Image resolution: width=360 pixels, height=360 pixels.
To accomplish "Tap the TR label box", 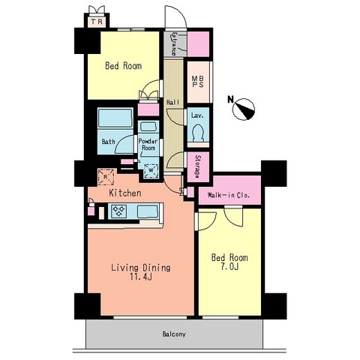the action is click(x=97, y=22).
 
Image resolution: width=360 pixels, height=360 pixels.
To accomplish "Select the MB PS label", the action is click(x=198, y=82).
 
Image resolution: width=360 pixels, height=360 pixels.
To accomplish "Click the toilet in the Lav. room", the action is click(x=198, y=133).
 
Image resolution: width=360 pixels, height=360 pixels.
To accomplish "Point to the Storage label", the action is click(x=198, y=166).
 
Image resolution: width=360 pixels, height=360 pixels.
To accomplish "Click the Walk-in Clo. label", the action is click(x=229, y=195).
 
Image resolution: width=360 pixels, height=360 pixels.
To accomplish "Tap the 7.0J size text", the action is click(x=229, y=267).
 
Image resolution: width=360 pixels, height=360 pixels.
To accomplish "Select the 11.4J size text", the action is click(x=141, y=277).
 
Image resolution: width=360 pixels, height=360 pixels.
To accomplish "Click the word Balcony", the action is click(x=174, y=334).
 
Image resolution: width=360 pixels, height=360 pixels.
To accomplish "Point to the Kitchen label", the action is click(x=125, y=193).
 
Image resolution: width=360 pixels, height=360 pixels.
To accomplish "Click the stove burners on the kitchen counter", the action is click(x=118, y=211).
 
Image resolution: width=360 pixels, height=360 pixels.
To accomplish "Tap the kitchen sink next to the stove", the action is click(x=148, y=211).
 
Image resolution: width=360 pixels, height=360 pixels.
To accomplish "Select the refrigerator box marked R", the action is click(x=106, y=177).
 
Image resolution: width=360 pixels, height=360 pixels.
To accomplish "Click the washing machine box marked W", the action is click(x=151, y=170).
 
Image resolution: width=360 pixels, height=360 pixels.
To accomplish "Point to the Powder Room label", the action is click(x=148, y=144).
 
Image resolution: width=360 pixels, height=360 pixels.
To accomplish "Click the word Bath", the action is click(x=109, y=142).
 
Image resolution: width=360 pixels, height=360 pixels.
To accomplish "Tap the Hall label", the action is click(x=173, y=102).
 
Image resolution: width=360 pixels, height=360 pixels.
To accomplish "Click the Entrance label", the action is click(x=174, y=43).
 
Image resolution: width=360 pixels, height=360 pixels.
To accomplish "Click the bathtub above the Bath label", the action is click(x=115, y=118).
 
